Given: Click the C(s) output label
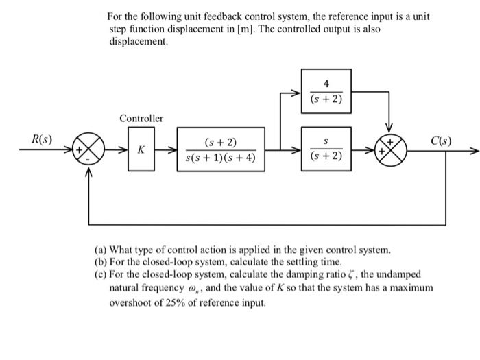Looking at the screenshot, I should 441,141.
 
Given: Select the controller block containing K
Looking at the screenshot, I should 141,149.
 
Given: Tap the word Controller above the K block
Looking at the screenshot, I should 141,119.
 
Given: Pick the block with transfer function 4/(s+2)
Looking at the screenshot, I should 326,91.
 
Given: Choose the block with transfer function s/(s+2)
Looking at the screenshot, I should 326,149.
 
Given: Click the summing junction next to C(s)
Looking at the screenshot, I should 389,149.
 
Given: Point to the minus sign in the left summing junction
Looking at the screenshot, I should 88,158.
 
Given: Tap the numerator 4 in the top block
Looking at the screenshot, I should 326,83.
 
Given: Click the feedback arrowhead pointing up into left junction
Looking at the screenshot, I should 88,172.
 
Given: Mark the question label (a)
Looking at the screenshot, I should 101,249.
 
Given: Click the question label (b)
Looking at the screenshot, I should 101,262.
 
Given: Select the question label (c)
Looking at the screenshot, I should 101,274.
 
